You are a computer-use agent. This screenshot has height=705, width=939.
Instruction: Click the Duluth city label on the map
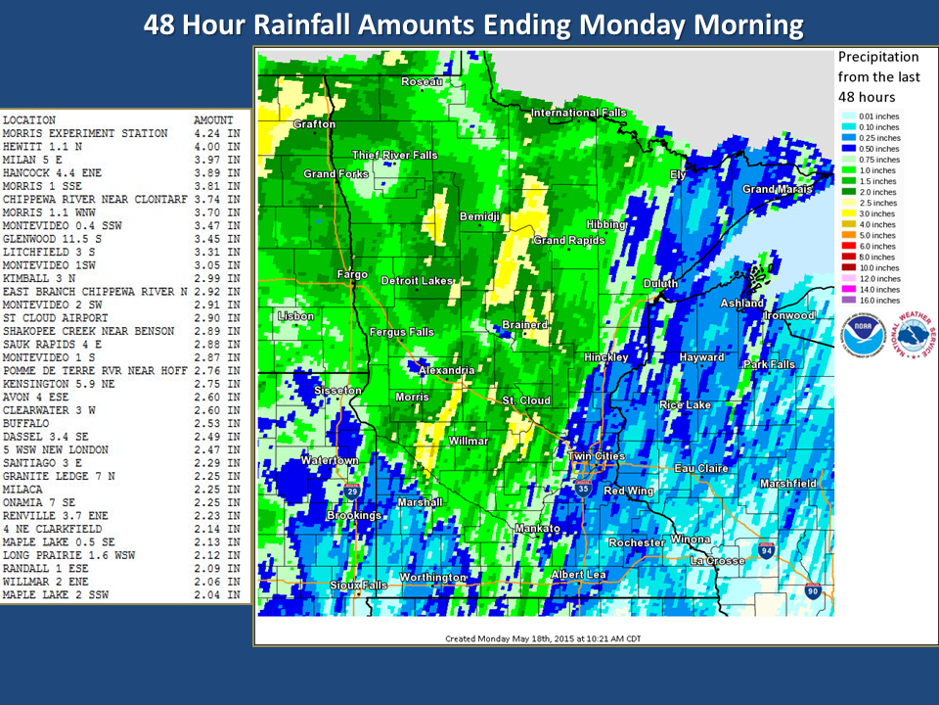coord(659,284)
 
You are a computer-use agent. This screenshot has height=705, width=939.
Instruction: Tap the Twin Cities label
coord(596,457)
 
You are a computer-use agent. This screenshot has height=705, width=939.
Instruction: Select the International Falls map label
coord(578,113)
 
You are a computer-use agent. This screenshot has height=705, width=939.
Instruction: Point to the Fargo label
coord(352,274)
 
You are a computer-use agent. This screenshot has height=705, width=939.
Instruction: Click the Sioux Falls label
coord(360,585)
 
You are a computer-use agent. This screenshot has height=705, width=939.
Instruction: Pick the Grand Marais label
coord(777,189)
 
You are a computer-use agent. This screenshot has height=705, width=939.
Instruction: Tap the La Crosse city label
coord(718,560)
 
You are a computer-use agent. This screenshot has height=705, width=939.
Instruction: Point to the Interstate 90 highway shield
coord(813,589)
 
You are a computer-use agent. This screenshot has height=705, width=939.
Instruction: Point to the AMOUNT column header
coord(213,120)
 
